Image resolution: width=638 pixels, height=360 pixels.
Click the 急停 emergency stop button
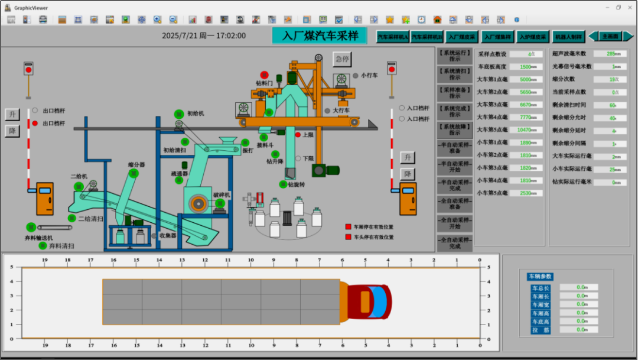tap(341, 59)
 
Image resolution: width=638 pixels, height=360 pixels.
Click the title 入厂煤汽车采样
tap(320, 35)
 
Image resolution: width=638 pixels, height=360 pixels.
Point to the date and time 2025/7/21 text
tap(204, 35)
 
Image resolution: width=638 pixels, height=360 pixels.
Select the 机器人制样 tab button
tap(569, 37)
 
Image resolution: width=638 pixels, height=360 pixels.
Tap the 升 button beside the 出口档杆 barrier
tap(12, 114)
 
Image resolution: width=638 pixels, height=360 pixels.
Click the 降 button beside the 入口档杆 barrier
tap(407, 174)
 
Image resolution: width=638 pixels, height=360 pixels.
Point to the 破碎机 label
tap(222, 194)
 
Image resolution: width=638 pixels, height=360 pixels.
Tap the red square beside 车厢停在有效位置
tap(348, 226)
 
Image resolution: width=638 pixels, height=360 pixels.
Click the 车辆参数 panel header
tap(540, 276)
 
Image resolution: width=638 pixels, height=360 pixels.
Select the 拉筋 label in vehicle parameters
tap(540, 330)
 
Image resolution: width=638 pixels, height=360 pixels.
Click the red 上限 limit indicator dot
tap(298, 135)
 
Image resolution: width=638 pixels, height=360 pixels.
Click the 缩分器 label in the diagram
tap(136, 164)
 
